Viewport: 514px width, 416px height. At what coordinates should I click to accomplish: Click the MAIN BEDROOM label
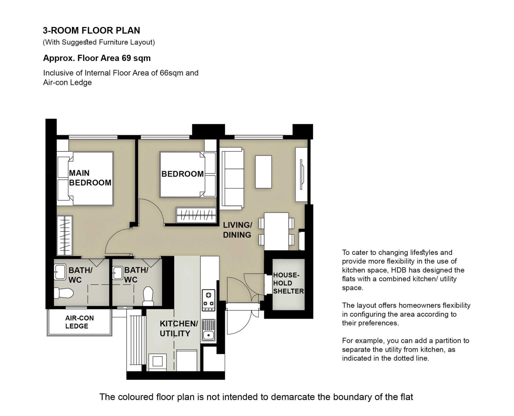tap(90, 178)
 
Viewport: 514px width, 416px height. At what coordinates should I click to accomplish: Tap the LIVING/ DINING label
tap(237, 230)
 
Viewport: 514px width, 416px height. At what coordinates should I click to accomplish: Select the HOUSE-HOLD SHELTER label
tap(288, 283)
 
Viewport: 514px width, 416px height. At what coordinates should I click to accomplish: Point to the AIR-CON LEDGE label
tap(79, 322)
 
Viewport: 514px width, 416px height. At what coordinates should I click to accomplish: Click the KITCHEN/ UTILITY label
tap(179, 328)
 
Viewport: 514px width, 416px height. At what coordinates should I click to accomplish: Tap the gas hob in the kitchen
tap(208, 300)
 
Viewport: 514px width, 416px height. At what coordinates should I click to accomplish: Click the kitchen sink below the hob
tap(208, 330)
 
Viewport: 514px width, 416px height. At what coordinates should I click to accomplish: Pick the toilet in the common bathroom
tap(148, 297)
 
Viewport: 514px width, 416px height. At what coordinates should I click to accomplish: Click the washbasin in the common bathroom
tap(118, 273)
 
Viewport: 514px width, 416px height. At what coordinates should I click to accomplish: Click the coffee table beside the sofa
tap(263, 172)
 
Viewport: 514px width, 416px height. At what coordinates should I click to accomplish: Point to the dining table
tap(276, 231)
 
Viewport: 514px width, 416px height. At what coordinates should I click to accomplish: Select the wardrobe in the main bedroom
tap(65, 235)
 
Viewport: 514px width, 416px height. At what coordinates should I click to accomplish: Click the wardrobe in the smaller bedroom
tap(196, 215)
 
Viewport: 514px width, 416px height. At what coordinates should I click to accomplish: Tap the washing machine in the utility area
tap(158, 362)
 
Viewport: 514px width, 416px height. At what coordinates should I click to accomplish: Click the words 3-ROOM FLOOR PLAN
tap(92, 31)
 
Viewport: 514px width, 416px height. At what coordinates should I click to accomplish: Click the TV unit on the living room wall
tap(301, 174)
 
